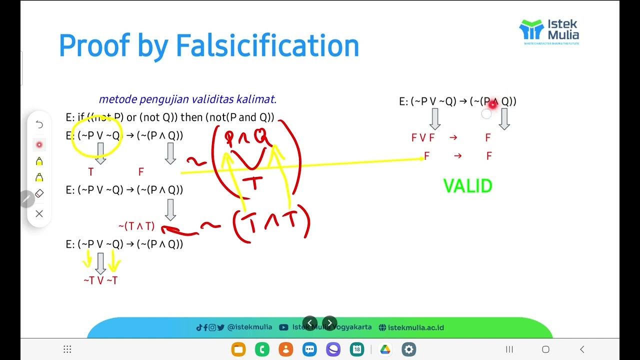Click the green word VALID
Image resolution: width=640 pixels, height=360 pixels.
pyautogui.click(x=468, y=186)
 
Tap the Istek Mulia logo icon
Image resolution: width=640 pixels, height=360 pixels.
pyautogui.click(x=531, y=29)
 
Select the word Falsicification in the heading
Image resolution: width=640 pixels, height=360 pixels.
pyautogui.click(x=267, y=45)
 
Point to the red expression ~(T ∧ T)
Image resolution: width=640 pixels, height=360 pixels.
pyautogui.click(x=136, y=226)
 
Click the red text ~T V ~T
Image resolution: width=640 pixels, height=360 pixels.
pyautogui.click(x=100, y=280)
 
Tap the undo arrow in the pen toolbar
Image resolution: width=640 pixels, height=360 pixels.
pyautogui.click(x=39, y=124)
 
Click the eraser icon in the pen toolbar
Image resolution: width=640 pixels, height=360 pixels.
pyautogui.click(x=39, y=193)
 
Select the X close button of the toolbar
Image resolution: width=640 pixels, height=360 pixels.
pyautogui.click(x=39, y=214)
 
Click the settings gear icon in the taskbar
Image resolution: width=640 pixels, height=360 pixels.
pyautogui.click(x=409, y=349)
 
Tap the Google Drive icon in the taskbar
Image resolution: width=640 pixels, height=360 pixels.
pyautogui.click(x=385, y=349)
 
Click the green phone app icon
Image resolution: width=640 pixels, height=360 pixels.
pyautogui.click(x=262, y=349)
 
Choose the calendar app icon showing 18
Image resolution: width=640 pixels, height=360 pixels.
pyautogui.click(x=357, y=349)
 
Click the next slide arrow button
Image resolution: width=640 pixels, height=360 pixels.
pyautogui.click(x=329, y=323)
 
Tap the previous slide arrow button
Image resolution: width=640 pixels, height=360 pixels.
pyautogui.click(x=309, y=323)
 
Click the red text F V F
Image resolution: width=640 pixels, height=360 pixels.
pyautogui.click(x=423, y=137)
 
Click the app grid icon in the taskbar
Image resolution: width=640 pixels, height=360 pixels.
pyautogui.click(x=67, y=349)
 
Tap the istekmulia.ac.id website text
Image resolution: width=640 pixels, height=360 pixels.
pyautogui.click(x=415, y=327)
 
